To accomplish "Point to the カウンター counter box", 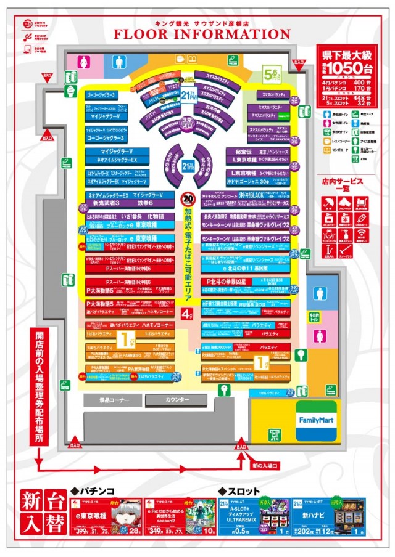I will coord(178,400).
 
